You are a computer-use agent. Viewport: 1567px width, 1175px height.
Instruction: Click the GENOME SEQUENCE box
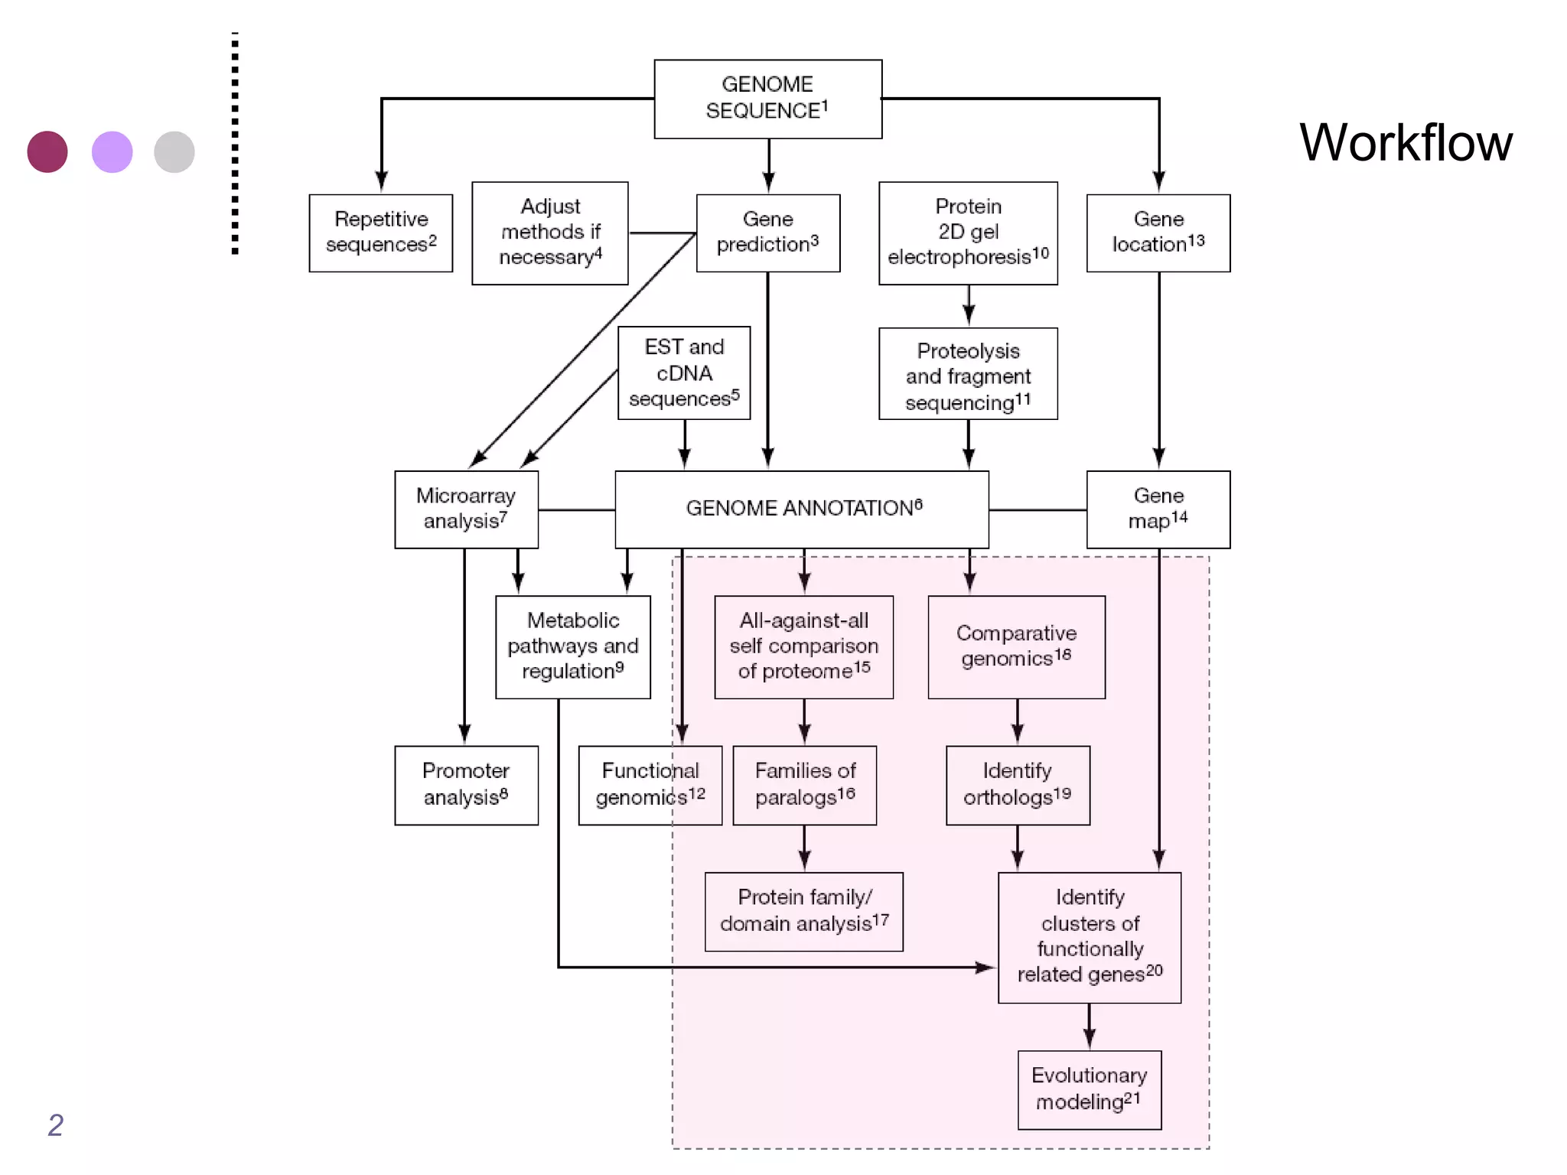[x=767, y=99]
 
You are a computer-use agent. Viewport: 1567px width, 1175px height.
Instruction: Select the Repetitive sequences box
[x=380, y=233]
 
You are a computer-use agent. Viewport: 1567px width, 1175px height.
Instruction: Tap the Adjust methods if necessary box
[x=549, y=233]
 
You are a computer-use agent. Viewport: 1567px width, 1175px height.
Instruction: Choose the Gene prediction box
[x=767, y=233]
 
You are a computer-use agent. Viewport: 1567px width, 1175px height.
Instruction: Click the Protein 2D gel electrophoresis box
[x=968, y=233]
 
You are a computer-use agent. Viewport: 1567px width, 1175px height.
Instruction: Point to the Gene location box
[x=1158, y=233]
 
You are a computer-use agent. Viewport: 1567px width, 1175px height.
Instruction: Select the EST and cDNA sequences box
[x=683, y=373]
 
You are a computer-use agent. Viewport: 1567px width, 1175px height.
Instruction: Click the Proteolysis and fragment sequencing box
[x=968, y=374]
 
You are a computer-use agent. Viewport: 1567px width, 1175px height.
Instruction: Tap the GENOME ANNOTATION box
[x=801, y=509]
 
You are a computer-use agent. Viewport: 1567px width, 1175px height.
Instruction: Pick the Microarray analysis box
[x=466, y=509]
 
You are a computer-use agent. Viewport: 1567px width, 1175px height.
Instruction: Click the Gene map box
[x=1158, y=509]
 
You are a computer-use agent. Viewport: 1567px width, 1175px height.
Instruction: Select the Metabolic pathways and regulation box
[x=572, y=646]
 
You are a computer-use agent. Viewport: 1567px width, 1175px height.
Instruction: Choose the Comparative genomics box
[x=1016, y=646]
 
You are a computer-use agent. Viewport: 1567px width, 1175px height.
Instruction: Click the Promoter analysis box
[x=466, y=785]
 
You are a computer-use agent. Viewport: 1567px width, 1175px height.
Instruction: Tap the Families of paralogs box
[x=804, y=785]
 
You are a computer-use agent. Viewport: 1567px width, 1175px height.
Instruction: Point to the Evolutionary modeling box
[x=1089, y=1089]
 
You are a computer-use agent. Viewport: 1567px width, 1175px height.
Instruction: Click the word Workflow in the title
[x=1406, y=143]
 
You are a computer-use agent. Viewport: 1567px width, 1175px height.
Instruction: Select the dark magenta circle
[x=47, y=151]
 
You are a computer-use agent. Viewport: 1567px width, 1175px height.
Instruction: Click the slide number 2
[x=55, y=1125]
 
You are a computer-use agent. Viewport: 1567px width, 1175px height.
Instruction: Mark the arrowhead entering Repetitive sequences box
[x=381, y=182]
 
